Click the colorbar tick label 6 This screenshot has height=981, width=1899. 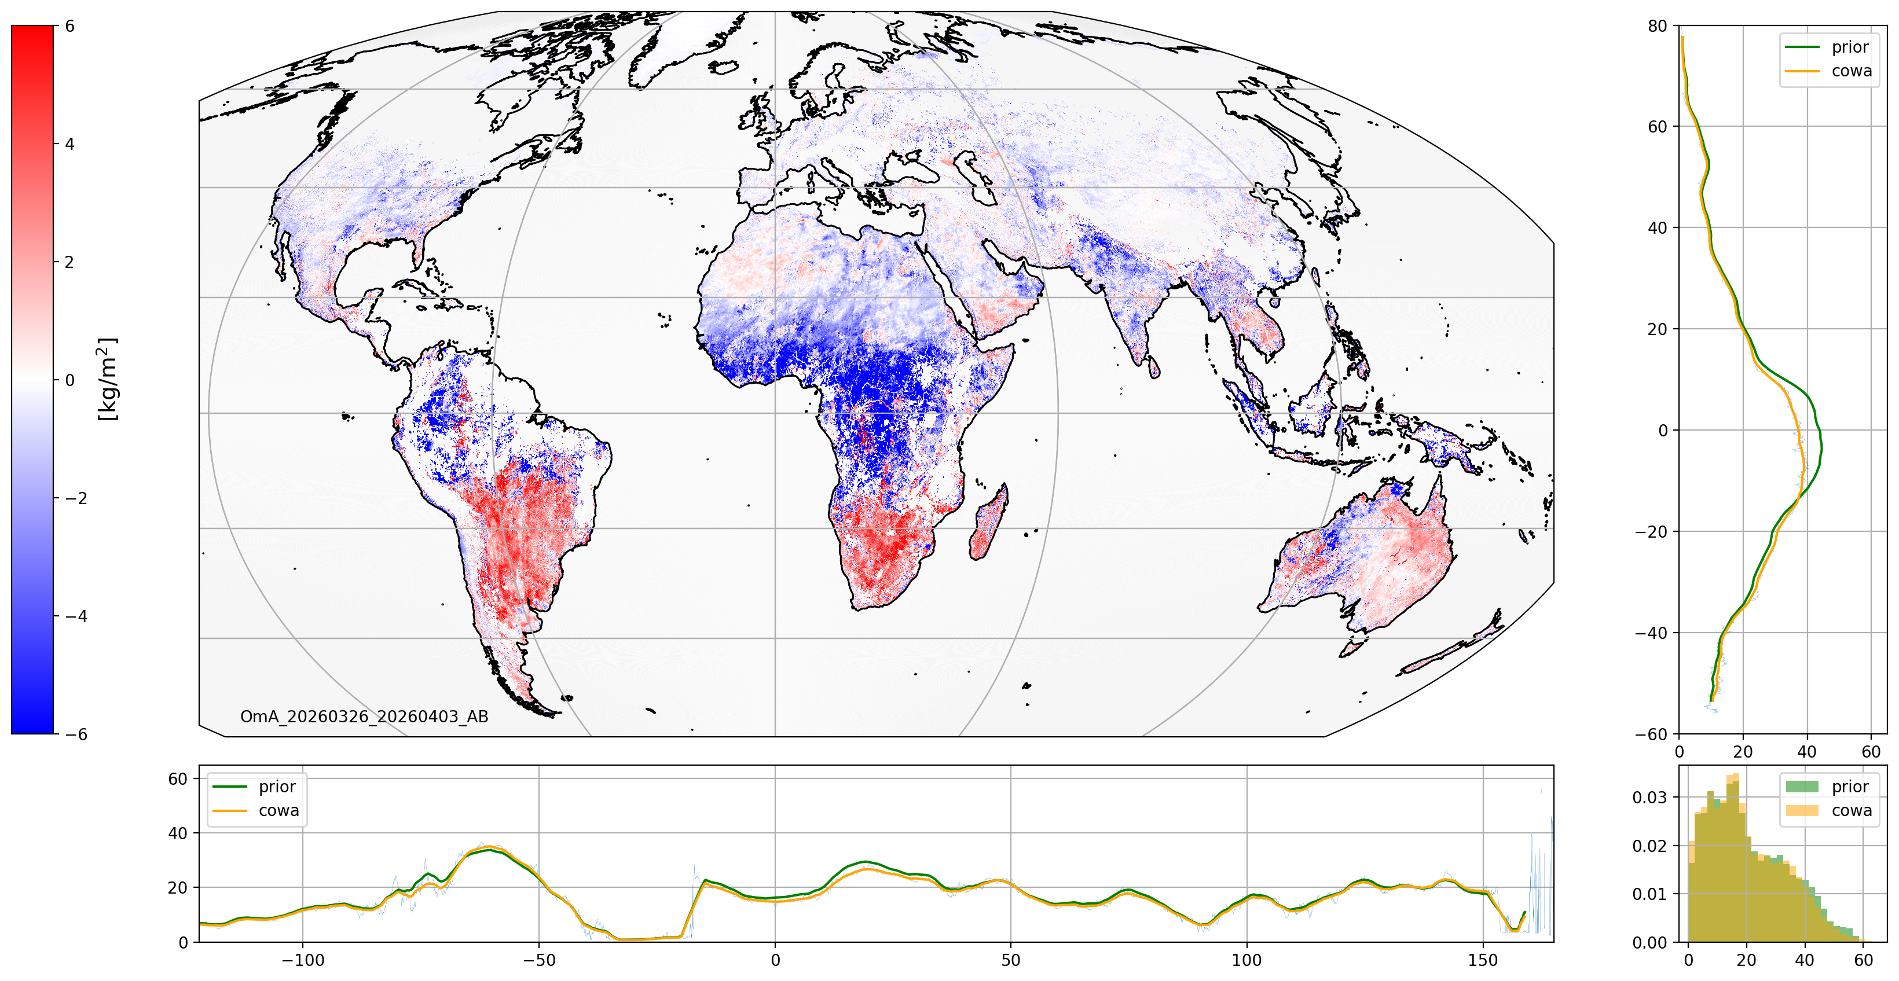(x=70, y=27)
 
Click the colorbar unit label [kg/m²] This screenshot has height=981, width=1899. (x=108, y=379)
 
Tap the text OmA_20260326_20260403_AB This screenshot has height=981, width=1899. (x=364, y=717)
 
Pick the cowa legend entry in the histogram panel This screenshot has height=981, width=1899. (x=1829, y=811)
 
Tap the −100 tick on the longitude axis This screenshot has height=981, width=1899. (x=302, y=960)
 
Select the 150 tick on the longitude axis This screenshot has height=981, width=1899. (x=1483, y=960)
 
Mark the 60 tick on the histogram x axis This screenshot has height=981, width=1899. (x=1864, y=960)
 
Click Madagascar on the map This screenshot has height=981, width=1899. (x=988, y=522)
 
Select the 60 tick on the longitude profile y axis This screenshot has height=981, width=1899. (x=178, y=779)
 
